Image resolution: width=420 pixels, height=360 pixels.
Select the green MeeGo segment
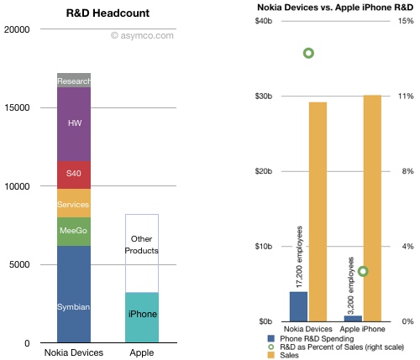coord(74,231)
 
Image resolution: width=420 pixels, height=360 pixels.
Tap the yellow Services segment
coord(74,204)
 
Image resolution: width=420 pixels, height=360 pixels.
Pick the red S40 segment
coord(74,175)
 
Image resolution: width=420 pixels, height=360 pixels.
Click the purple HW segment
coord(74,123)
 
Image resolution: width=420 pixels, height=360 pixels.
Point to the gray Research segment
coord(74,81)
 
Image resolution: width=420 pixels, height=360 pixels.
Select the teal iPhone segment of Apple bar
coord(141,317)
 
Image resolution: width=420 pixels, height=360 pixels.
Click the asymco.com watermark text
coord(147,36)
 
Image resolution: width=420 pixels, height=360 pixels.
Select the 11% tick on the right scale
coord(405,97)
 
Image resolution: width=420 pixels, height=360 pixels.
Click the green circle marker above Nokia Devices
coord(308,53)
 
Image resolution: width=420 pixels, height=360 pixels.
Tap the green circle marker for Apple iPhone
coord(363,271)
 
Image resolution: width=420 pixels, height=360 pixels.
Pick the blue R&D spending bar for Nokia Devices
coord(298,306)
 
